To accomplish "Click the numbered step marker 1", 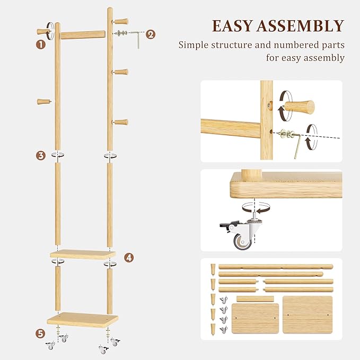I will pyautogui.click(x=40, y=45).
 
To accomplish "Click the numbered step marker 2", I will pyautogui.click(x=151, y=34).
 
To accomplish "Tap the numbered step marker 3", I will pyautogui.click(x=40, y=155).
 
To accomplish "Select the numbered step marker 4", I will pyautogui.click(x=129, y=258).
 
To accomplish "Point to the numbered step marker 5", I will pyautogui.click(x=40, y=334).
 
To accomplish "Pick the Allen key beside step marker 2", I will pyautogui.click(x=137, y=38).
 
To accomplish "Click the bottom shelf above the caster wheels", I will pyautogui.click(x=82, y=319).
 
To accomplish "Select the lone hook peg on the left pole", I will pyautogui.click(x=44, y=101).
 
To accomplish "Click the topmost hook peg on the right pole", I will pyautogui.click(x=121, y=22).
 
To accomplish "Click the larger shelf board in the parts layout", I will pyautogui.click(x=307, y=314).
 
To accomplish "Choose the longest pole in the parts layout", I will pyautogui.click(x=276, y=266).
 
